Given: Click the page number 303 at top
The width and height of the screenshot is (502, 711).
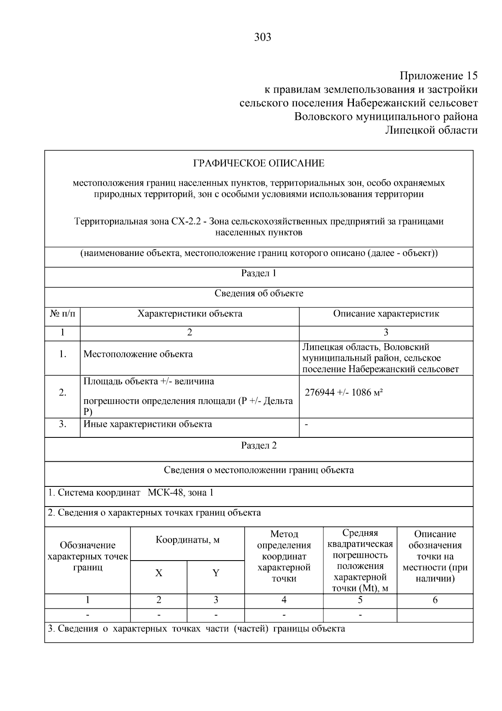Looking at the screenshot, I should (x=263, y=38).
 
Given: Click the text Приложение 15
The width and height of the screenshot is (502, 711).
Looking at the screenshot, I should (x=438, y=76).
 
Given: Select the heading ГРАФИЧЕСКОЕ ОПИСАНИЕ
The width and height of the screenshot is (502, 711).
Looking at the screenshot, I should (x=259, y=163).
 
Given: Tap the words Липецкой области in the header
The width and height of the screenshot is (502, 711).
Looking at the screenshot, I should (x=431, y=130).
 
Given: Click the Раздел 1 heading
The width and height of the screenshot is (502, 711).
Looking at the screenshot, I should (x=259, y=274).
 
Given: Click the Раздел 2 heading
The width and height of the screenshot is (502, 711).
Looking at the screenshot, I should (x=259, y=445).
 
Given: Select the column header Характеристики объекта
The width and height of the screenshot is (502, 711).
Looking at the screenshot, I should (x=190, y=314).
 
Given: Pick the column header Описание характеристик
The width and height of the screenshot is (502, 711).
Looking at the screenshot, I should (x=386, y=314).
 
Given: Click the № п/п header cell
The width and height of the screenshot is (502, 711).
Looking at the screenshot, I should (x=63, y=314).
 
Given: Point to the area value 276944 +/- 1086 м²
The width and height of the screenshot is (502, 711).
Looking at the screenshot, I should (x=344, y=393).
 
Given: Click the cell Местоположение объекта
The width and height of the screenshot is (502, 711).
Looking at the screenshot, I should (x=138, y=354).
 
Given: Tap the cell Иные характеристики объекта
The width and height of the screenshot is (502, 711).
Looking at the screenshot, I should (x=148, y=424).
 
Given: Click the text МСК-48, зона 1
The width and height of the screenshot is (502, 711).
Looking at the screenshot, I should (x=181, y=493).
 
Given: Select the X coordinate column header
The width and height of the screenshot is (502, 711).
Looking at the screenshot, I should (x=159, y=573).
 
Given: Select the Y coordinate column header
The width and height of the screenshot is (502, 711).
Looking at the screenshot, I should (x=216, y=573).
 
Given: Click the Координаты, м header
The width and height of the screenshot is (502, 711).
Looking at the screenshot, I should (x=187, y=540).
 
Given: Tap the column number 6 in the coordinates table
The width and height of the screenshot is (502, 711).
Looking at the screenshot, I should (x=435, y=600).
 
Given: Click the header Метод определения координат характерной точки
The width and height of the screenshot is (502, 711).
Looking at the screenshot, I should (x=284, y=556).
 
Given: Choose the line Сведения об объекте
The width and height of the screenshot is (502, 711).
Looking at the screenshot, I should (x=259, y=293).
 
